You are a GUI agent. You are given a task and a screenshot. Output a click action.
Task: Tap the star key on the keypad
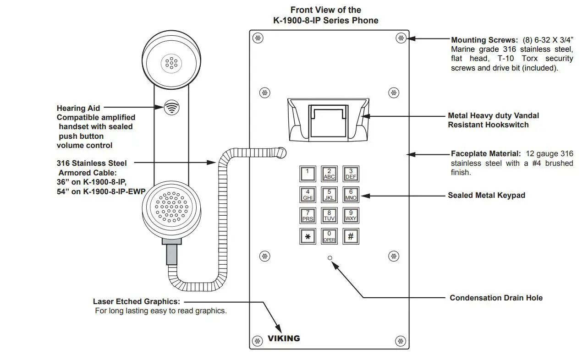coord(308,236)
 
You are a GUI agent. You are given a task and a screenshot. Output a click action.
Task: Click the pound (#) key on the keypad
coord(351,236)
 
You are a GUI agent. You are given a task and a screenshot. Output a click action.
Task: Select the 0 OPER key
coord(329,236)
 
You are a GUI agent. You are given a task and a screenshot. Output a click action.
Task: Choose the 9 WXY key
coord(351,215)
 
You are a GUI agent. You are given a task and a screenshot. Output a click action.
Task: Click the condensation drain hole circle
coord(330,258)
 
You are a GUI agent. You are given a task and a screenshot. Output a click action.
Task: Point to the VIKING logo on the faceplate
coord(284,338)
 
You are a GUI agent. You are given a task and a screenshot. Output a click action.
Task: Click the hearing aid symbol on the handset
coord(171,108)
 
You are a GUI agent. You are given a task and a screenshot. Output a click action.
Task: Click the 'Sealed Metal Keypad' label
coord(486,195)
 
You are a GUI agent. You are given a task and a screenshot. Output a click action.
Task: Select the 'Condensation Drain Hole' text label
coord(496,298)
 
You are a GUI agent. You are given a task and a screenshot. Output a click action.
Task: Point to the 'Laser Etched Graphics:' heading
coord(137,301)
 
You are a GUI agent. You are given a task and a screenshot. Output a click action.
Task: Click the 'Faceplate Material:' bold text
coord(486,154)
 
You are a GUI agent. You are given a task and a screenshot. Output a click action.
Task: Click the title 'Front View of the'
coord(325,10)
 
